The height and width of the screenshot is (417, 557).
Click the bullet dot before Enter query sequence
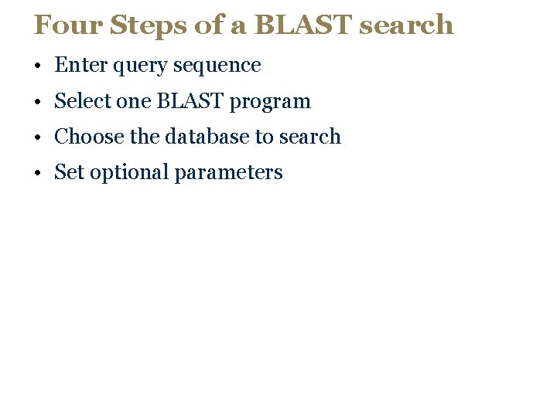pyautogui.click(x=37, y=66)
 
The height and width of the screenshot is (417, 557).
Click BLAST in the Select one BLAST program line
pyautogui.click(x=190, y=101)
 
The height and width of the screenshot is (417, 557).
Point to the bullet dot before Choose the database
pyautogui.click(x=37, y=137)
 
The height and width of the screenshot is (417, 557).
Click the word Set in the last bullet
pyautogui.click(x=69, y=172)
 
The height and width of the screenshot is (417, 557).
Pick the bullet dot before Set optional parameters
pyautogui.click(x=37, y=173)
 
